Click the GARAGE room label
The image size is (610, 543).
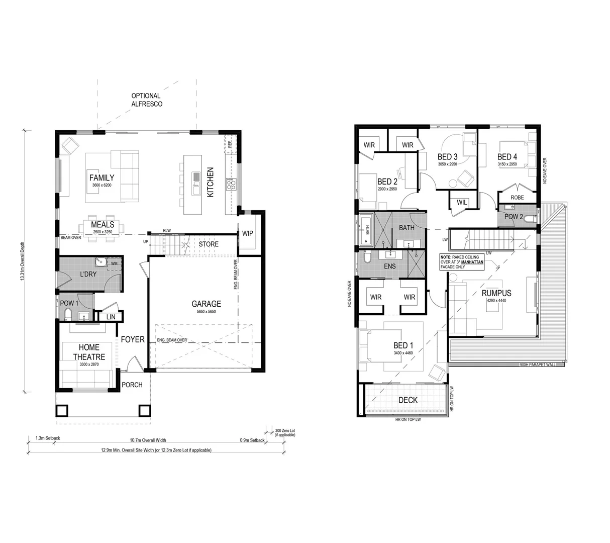206,304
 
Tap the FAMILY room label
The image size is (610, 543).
101,177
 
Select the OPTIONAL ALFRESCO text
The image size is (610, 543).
146,100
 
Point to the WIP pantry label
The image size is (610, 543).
247,234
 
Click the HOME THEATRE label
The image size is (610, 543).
89,352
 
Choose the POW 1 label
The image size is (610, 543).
69,303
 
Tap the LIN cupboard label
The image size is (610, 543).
111,317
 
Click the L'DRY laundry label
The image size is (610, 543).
88,274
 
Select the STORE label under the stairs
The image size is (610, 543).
209,244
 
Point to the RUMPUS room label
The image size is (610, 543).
496,293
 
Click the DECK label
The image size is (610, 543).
408,400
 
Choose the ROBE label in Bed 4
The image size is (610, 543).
517,198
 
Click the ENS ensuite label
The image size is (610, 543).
389,266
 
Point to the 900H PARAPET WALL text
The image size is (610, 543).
538,365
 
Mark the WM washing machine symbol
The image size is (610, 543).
114,263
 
